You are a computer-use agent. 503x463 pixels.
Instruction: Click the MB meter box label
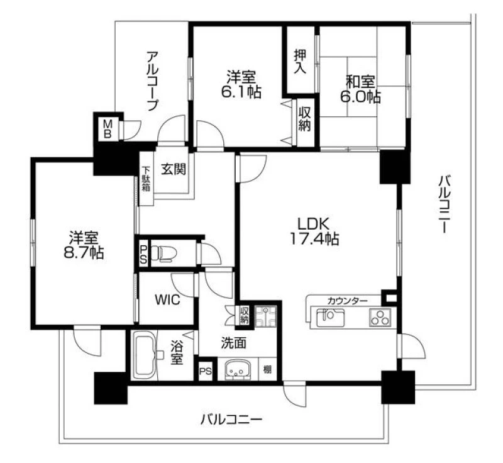point(107,129)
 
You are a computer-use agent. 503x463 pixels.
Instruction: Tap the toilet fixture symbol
point(164,253)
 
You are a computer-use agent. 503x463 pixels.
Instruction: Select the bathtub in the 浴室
point(144,355)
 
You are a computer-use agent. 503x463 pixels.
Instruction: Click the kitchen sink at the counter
point(330,318)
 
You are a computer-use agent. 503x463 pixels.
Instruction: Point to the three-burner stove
point(380,317)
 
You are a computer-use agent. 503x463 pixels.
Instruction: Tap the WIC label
point(167,300)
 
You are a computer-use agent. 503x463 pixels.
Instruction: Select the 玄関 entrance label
point(174,169)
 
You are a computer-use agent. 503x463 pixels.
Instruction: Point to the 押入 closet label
point(301,61)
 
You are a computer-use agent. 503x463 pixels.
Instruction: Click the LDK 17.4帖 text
point(314,231)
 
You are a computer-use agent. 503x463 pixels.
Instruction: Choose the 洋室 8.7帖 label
point(84,245)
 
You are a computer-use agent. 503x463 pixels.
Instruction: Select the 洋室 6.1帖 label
point(241,84)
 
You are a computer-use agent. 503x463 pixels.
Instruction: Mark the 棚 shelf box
point(267,369)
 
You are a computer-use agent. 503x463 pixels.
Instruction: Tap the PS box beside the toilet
point(143,255)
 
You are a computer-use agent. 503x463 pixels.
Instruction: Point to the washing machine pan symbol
point(265,316)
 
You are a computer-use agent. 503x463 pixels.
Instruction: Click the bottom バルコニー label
point(231,420)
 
